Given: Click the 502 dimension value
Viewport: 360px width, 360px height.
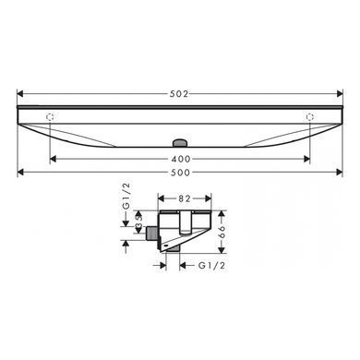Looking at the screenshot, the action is click(179, 93).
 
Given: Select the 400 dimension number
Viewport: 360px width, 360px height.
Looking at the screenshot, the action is click(181, 159).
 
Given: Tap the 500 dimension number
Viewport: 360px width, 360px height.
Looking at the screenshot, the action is click(180, 173).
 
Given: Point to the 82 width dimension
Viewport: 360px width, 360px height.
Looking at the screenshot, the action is click(185, 198).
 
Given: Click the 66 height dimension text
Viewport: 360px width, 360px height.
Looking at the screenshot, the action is click(222, 233).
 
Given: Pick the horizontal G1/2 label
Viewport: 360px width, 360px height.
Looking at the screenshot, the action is click(212, 265).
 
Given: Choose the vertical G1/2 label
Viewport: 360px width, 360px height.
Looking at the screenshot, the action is click(126, 197).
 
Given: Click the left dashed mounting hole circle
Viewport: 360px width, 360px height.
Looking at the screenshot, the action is click(50, 117).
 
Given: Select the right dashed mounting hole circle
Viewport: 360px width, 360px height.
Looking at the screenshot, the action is click(310, 117).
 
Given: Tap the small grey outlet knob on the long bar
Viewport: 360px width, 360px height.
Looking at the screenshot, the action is click(180, 143).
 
